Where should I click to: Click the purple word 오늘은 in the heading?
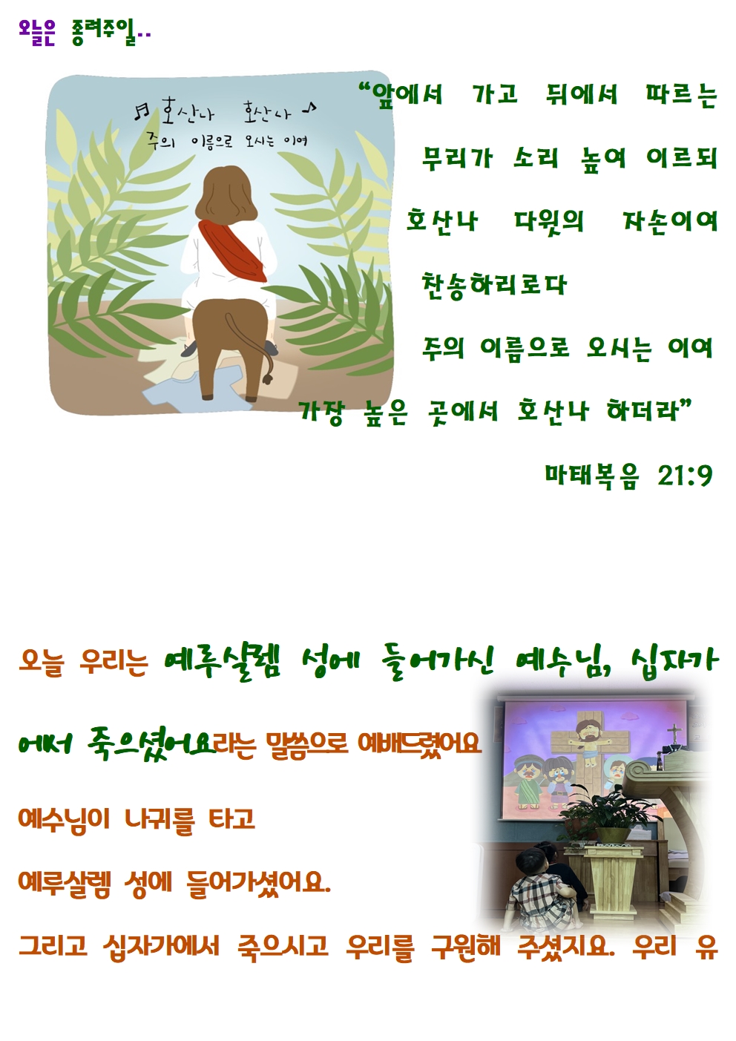(37, 33)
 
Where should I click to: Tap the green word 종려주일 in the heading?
(105, 33)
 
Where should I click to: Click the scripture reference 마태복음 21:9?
(628, 475)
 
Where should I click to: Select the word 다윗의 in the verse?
(548, 222)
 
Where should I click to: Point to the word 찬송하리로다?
(494, 284)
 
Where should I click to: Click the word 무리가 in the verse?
(457, 158)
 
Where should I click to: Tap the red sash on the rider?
(232, 249)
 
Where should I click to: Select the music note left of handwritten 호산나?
(141, 111)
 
